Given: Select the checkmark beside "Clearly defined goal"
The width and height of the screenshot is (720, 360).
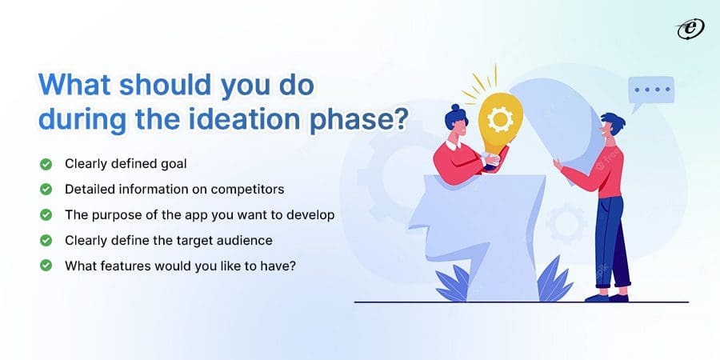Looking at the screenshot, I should (x=46, y=165).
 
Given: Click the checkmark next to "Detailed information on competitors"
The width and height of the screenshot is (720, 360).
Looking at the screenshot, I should (x=46, y=190).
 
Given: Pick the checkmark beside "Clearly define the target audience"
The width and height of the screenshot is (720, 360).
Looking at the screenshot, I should (x=46, y=240).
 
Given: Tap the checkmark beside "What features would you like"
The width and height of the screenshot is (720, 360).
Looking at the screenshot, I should (x=46, y=265).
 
